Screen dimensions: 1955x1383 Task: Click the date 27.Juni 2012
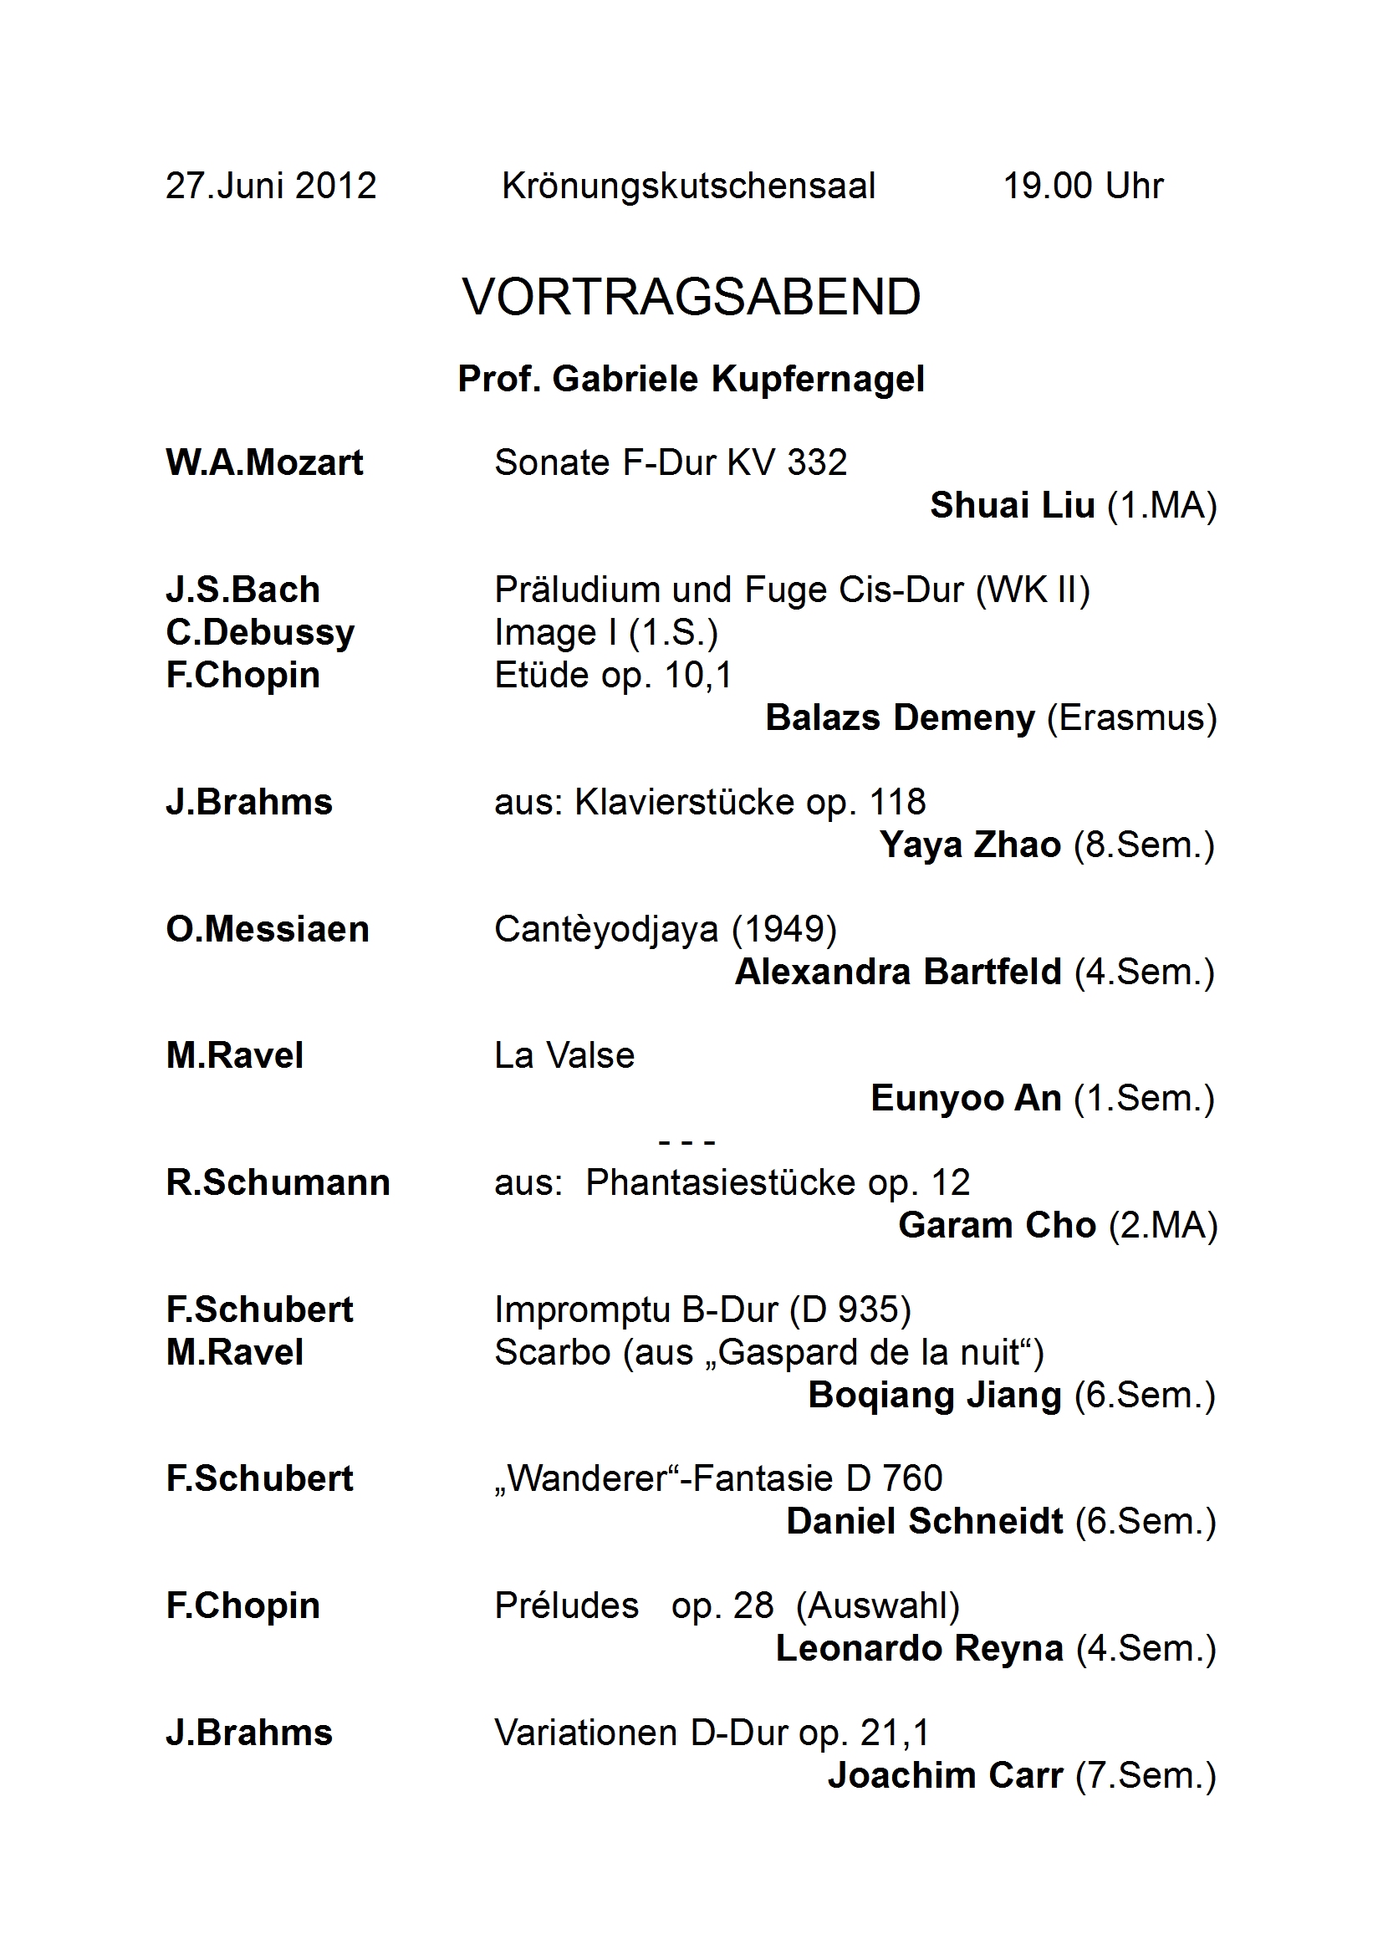[x=271, y=186]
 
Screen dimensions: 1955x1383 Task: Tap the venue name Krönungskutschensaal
[x=688, y=186]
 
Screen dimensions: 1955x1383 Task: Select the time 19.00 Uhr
[x=1082, y=186]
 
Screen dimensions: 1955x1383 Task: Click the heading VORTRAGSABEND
[x=691, y=296]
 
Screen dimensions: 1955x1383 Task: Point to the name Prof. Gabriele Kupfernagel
[x=691, y=379]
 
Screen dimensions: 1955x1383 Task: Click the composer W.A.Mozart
[x=264, y=462]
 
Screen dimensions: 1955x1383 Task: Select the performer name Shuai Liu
[x=1012, y=505]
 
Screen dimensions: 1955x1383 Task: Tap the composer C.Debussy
[x=260, y=633]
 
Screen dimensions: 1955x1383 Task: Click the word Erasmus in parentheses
[x=1132, y=717]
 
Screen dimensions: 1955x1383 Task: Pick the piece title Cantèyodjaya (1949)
[x=665, y=929]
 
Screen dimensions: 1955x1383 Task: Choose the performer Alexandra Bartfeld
[x=897, y=972]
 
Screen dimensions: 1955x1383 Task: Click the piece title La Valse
[x=564, y=1056]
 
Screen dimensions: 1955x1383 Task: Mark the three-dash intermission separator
[x=686, y=1141]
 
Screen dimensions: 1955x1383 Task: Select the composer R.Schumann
[x=278, y=1182]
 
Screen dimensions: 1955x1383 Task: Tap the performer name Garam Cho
[x=997, y=1225]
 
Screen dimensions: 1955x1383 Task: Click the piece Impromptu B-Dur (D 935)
[x=702, y=1309]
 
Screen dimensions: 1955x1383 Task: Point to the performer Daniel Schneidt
[x=924, y=1522]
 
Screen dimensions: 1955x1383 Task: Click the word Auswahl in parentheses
[x=877, y=1605]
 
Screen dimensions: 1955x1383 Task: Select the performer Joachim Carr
[x=946, y=1775]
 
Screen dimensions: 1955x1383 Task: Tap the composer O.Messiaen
[x=268, y=929]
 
